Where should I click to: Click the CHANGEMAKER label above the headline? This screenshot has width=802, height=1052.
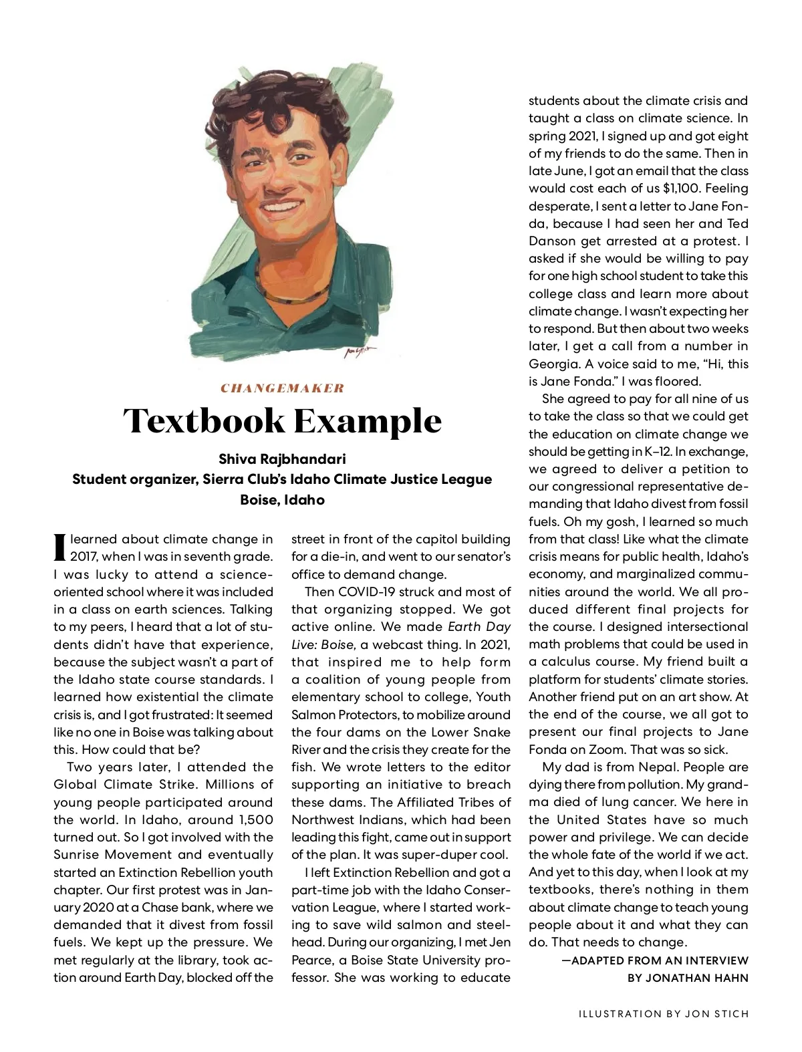pyautogui.click(x=282, y=388)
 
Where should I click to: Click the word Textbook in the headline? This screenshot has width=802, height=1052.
pyautogui.click(x=203, y=421)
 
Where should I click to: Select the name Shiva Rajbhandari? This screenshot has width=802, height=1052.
pyautogui.click(x=282, y=459)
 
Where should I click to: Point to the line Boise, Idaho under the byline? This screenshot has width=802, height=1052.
pyautogui.click(x=282, y=500)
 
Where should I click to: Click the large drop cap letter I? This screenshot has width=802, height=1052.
pyautogui.click(x=59, y=546)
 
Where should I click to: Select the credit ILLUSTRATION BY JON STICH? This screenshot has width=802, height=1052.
pyautogui.click(x=664, y=1013)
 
